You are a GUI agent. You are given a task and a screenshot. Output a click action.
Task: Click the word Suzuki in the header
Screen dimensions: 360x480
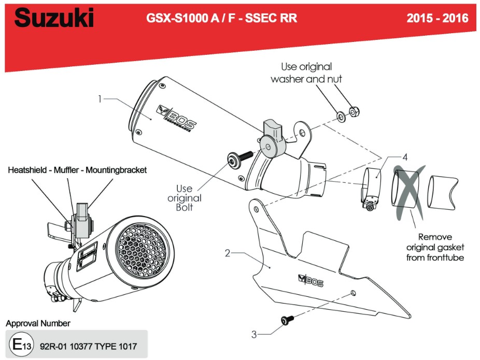54,19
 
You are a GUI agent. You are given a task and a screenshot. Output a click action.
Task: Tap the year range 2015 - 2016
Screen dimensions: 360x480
437,19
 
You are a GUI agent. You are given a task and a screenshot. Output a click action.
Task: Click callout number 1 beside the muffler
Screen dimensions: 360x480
100,98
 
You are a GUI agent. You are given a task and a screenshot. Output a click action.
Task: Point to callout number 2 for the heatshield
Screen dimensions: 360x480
227,253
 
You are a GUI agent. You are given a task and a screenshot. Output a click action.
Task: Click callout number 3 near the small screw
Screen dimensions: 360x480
253,334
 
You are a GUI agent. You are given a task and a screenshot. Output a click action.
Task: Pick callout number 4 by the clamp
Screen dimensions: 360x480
405,156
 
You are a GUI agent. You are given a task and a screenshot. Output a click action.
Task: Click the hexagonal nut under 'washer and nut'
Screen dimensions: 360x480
355,111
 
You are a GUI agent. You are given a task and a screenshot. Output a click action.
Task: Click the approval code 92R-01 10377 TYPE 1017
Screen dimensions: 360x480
88,346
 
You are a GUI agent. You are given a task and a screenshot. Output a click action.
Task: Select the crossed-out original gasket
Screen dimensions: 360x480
407,191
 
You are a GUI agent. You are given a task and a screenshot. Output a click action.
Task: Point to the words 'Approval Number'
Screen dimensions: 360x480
38,323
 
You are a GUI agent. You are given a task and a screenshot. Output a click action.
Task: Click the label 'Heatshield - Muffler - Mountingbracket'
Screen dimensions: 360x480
77,169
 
